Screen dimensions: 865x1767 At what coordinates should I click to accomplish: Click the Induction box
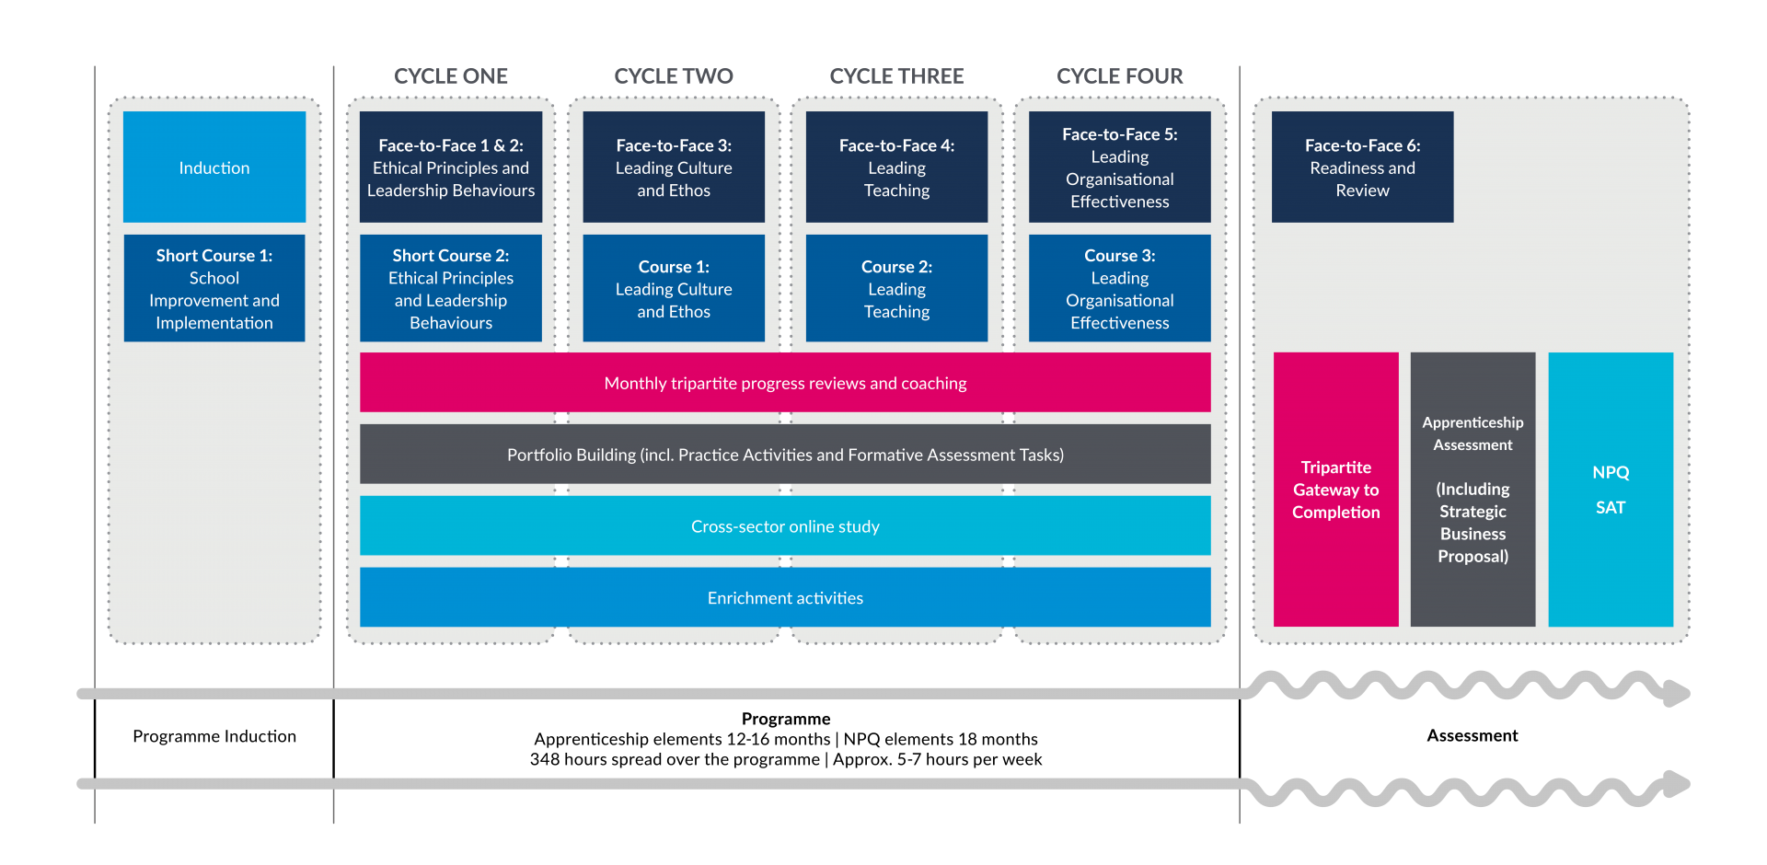(214, 167)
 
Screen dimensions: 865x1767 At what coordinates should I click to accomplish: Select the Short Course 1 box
(214, 288)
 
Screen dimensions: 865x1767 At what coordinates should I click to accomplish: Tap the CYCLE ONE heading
(451, 76)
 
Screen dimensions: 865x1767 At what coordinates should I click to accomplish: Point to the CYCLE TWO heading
(674, 76)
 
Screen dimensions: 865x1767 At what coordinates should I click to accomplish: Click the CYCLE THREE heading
(896, 76)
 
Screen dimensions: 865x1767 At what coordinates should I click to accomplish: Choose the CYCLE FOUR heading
(1119, 76)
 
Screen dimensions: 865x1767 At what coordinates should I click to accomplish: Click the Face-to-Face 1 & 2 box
(451, 167)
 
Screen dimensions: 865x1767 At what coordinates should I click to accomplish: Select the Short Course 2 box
(451, 288)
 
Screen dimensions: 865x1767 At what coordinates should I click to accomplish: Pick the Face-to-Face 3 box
(674, 167)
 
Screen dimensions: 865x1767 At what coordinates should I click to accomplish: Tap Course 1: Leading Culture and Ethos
(674, 288)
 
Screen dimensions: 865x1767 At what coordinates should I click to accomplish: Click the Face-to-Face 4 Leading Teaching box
(896, 167)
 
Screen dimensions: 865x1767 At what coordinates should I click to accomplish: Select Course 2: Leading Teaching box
(896, 288)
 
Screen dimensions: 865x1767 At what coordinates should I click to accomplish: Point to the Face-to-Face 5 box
(1119, 167)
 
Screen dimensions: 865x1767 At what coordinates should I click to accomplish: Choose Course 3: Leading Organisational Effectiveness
(1119, 288)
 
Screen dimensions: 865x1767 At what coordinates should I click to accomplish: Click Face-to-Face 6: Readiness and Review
(1362, 167)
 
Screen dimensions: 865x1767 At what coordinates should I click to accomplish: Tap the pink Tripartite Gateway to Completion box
(1335, 490)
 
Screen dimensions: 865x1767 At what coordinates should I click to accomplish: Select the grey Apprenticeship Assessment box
(1472, 490)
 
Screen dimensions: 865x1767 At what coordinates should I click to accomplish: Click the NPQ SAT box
(1611, 490)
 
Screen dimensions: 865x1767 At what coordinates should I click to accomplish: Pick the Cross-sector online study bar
(785, 526)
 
